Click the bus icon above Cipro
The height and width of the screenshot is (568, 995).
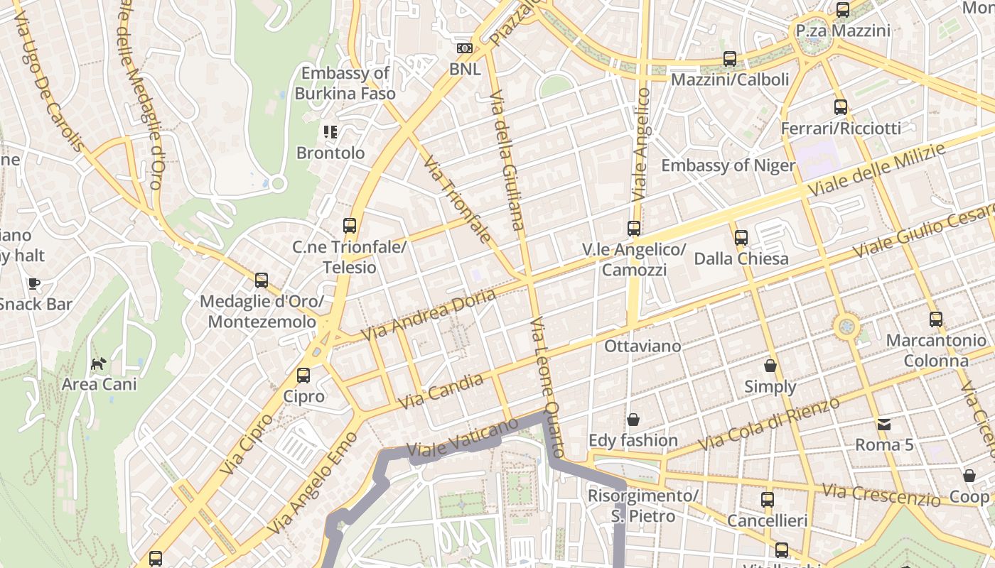click(x=303, y=375)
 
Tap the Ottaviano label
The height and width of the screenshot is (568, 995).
click(x=642, y=346)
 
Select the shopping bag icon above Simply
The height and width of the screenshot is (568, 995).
click(x=770, y=366)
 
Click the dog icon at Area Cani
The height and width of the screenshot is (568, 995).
click(x=98, y=364)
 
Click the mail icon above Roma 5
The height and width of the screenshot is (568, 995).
click(x=883, y=425)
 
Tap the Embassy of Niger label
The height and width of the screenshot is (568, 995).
click(x=728, y=165)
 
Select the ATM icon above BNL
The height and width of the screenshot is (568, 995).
click(x=465, y=48)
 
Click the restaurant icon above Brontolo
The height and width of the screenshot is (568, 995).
click(x=330, y=132)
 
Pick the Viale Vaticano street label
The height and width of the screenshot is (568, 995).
click(x=462, y=438)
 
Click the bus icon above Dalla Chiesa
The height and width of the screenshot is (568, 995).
click(x=741, y=238)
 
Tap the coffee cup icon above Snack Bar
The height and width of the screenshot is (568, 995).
click(x=33, y=284)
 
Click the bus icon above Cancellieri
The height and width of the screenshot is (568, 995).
click(x=767, y=500)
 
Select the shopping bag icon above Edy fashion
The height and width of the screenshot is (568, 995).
click(x=633, y=420)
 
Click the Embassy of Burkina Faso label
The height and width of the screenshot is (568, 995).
click(x=345, y=83)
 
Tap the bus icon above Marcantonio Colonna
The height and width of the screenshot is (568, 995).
click(x=935, y=319)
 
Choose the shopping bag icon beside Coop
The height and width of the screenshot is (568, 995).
click(x=969, y=476)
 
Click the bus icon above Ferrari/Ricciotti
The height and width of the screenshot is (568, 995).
click(x=841, y=107)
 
